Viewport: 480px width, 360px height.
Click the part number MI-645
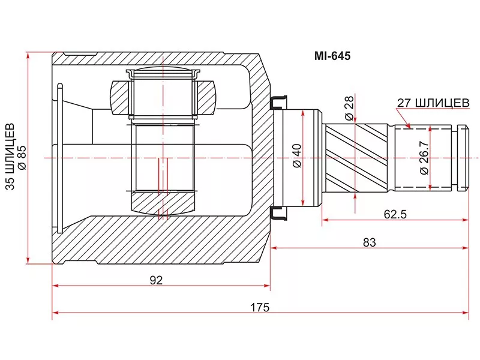pos(332,56)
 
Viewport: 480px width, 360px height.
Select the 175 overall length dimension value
pos(260,307)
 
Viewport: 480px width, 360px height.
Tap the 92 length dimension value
pos(156,280)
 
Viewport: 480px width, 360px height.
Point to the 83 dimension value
pos(369,242)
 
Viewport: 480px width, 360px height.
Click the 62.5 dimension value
pos(395,214)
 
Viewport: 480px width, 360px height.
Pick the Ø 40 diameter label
pos(297,156)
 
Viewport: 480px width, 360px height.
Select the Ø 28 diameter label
pos(349,109)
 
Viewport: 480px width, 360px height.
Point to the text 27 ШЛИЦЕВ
pos(433,103)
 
